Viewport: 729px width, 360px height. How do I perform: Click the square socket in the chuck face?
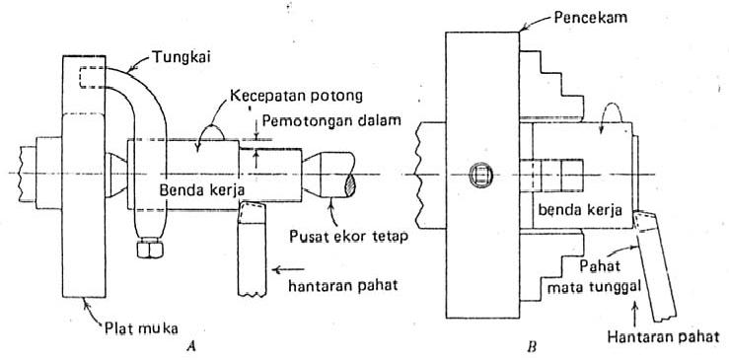[479, 176]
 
